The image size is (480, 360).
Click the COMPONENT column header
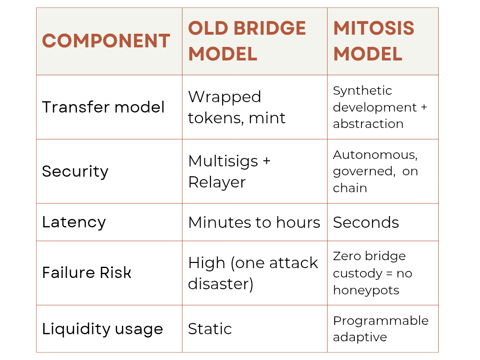[x=106, y=41]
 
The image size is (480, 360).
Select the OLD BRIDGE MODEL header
[x=247, y=41]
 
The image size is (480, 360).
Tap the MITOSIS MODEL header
[x=374, y=41]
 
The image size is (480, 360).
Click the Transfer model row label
[x=103, y=107]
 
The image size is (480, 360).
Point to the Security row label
[x=75, y=172]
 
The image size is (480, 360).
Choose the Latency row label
[x=74, y=223]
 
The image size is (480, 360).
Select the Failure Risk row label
[x=87, y=272]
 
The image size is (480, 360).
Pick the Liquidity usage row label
[x=103, y=330]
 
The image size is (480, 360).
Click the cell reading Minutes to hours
[x=254, y=222]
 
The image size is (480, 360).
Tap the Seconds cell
[x=366, y=222]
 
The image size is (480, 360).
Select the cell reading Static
[x=210, y=329]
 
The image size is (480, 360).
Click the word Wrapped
[x=225, y=97]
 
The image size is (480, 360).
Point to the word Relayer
[x=217, y=182]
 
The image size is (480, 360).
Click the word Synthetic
[x=362, y=91]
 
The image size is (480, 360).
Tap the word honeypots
[x=366, y=290]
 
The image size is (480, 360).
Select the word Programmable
[x=381, y=321]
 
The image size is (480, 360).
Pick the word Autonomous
[x=375, y=155]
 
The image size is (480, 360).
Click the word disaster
[x=220, y=284]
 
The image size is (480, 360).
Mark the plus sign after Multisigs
[x=266, y=161]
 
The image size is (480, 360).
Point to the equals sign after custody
[x=390, y=273]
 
